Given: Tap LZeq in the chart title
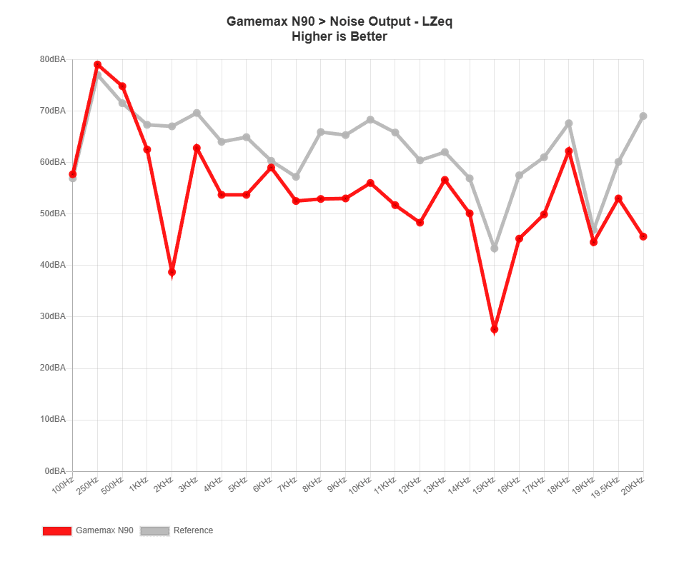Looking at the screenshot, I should point(437,21).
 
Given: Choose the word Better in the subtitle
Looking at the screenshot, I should point(369,36).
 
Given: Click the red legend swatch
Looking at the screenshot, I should point(57,530).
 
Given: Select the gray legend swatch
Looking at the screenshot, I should point(154,530).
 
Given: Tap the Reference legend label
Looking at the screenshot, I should point(194,530).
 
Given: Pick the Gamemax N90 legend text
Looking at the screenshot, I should point(104,530).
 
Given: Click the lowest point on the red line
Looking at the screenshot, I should point(494,329).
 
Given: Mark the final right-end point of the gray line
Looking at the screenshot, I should point(643,116).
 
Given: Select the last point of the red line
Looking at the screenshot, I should point(643,236).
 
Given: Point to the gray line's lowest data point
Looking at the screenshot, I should point(494,248).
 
